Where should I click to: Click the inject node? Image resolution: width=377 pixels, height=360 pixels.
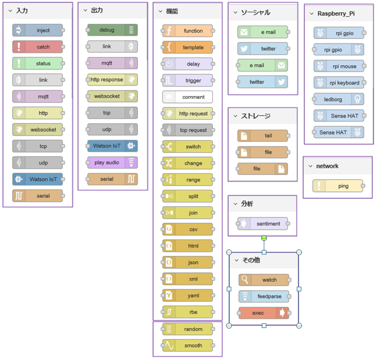[37, 30]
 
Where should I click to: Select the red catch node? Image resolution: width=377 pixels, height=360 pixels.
[37, 47]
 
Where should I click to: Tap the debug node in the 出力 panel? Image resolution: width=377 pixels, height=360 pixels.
[112, 30]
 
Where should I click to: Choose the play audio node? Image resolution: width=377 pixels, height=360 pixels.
[112, 162]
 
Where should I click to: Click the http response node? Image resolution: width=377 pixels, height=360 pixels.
[112, 80]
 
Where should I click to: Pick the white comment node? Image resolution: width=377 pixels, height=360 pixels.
[187, 97]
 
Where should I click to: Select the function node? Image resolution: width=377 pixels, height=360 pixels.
[187, 31]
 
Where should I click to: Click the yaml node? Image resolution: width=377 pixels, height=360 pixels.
[187, 295]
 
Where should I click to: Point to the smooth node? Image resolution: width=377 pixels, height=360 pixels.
[187, 345]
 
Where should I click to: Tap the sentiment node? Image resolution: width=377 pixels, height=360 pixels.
[262, 223]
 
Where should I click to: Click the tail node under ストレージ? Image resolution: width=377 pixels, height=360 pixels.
[262, 136]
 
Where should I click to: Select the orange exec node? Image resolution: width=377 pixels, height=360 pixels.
[263, 313]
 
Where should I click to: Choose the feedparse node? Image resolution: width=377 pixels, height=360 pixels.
[263, 296]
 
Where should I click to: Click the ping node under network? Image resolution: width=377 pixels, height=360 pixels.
[338, 186]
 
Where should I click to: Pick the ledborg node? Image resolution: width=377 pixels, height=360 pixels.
[339, 99]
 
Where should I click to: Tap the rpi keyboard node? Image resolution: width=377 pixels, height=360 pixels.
[339, 83]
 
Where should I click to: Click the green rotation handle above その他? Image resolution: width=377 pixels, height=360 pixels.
[264, 238]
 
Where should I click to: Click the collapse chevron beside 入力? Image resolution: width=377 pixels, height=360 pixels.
[10, 10]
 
